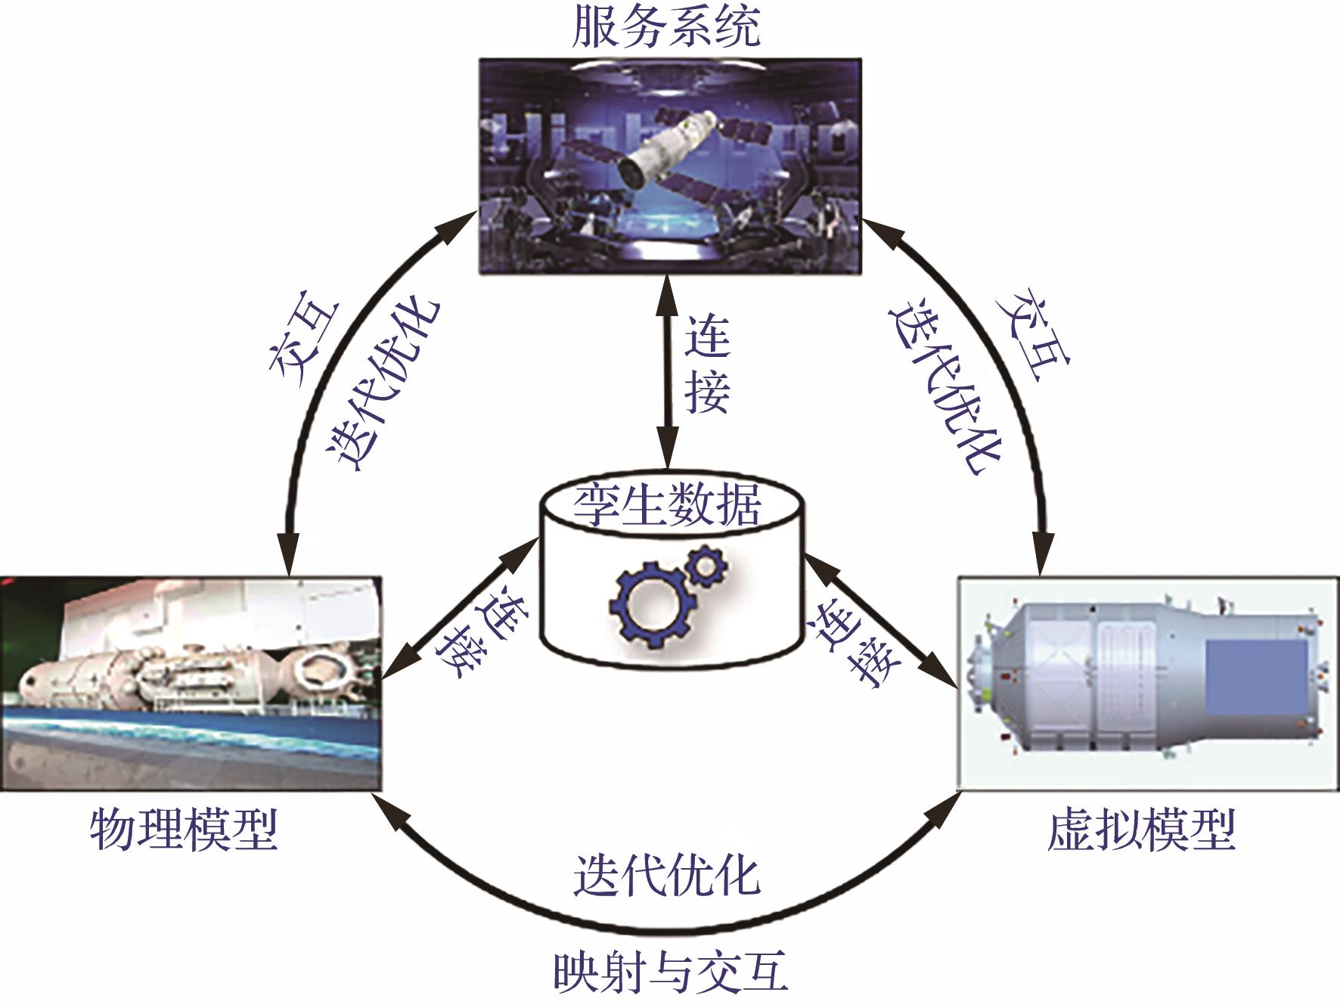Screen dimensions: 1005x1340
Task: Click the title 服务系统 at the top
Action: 666,29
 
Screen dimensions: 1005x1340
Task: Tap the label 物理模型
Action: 184,830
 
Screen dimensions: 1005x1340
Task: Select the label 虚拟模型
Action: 1141,830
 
